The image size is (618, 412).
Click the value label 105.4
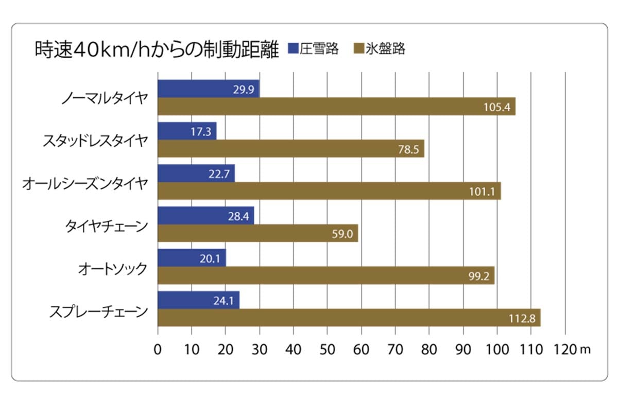pos(497,107)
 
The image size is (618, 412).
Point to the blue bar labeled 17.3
pos(187,131)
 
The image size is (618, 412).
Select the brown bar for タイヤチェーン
pos(257,233)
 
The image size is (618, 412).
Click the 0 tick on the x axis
pos(158,349)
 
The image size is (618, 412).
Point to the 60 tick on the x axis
pos(362,349)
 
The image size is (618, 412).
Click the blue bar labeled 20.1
pos(192,258)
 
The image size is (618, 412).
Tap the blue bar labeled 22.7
pos(196,174)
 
